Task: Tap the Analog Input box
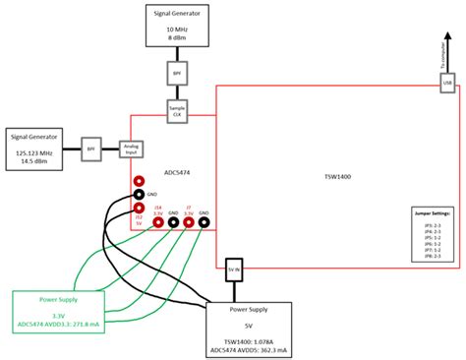(x=133, y=150)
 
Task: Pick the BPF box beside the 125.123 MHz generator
(x=91, y=150)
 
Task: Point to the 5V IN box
(x=234, y=268)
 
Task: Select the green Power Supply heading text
(x=59, y=298)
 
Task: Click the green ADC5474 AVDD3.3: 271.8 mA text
(x=59, y=322)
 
